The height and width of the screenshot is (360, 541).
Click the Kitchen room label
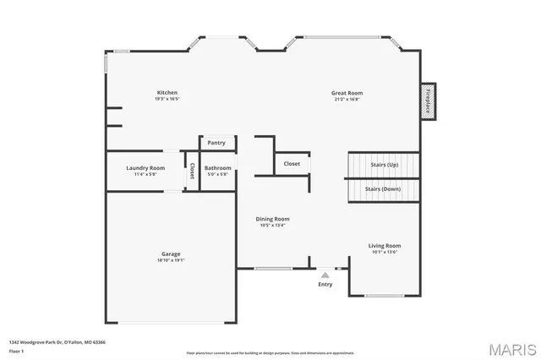[167, 92]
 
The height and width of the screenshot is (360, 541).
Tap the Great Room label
[347, 92]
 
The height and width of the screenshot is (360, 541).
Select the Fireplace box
[429, 101]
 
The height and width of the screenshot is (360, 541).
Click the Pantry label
[216, 143]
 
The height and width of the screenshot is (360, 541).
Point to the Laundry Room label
[145, 168]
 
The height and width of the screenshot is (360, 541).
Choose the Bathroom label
[217, 168]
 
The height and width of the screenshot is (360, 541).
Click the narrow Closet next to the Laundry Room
[192, 171]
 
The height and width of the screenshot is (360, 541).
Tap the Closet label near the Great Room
[292, 163]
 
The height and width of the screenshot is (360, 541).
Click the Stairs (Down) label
[384, 189]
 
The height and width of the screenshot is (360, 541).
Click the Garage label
[171, 254]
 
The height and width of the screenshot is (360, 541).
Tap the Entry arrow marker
[325, 274]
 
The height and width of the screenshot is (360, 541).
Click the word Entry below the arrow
[325, 284]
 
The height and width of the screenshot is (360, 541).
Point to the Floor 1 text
[16, 350]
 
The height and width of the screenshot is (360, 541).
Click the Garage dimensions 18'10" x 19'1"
[171, 260]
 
